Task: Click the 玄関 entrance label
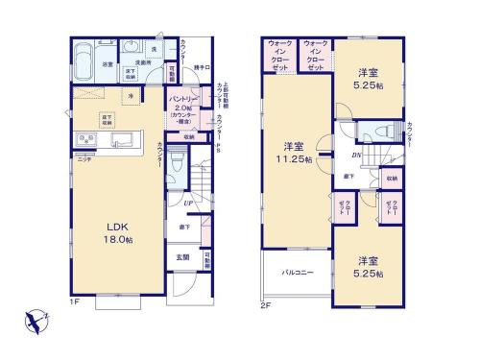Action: [182, 257]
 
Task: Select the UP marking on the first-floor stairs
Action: [191, 204]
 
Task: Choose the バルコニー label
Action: [297, 272]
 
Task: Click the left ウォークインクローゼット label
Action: [279, 56]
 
